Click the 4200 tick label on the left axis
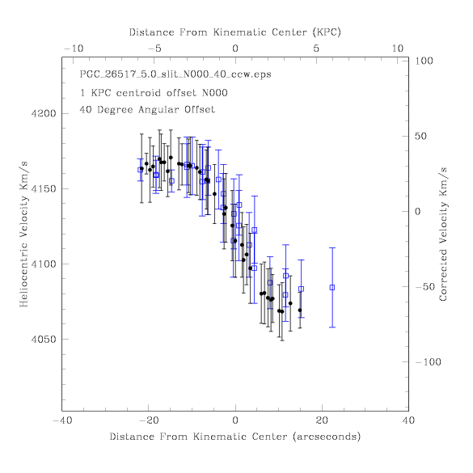[44, 114]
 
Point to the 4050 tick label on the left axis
[44, 340]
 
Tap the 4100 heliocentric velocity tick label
[44, 264]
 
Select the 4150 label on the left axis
[44, 189]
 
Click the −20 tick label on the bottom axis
[148, 420]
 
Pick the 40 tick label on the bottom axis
[408, 420]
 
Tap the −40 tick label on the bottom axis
[62, 420]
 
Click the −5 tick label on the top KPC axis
[154, 49]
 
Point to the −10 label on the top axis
[74, 49]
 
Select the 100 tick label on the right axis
[424, 61]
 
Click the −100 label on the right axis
[428, 362]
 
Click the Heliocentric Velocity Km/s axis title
[23, 234]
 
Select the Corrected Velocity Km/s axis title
[443, 234]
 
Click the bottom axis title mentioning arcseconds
[235, 437]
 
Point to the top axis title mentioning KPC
[235, 32]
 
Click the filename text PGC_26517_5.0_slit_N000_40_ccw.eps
[175, 74]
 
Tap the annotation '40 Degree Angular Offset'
[147, 109]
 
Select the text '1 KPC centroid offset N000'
[154, 93]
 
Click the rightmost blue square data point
[332, 288]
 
